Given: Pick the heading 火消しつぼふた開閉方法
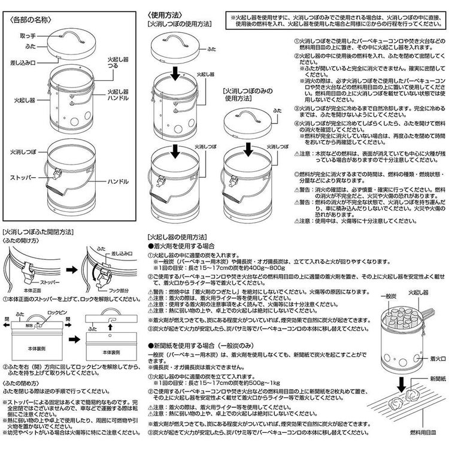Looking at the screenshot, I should coord(40,230).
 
